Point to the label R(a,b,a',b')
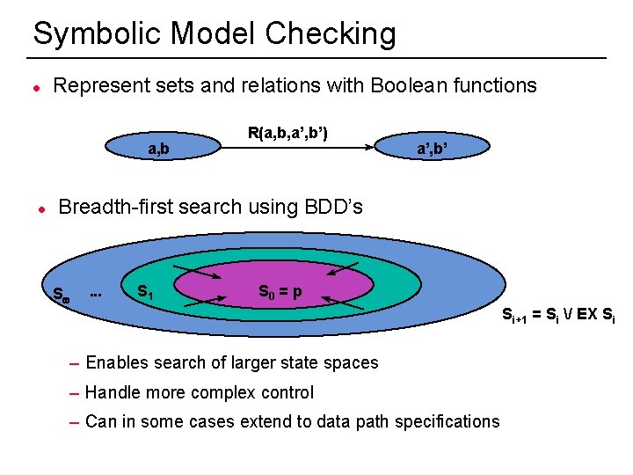(x=287, y=134)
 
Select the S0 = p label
(x=280, y=291)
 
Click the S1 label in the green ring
(x=145, y=291)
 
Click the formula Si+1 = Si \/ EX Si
(x=557, y=315)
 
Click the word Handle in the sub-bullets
(x=113, y=392)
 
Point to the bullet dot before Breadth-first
(x=40, y=209)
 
